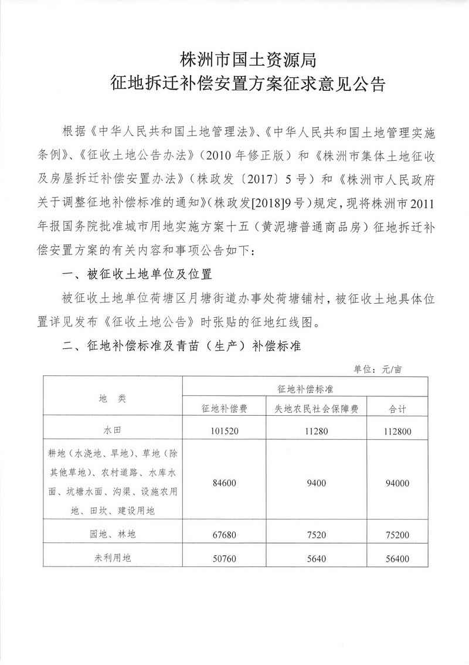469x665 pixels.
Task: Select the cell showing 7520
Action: [317, 535]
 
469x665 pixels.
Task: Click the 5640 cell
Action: [317, 559]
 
